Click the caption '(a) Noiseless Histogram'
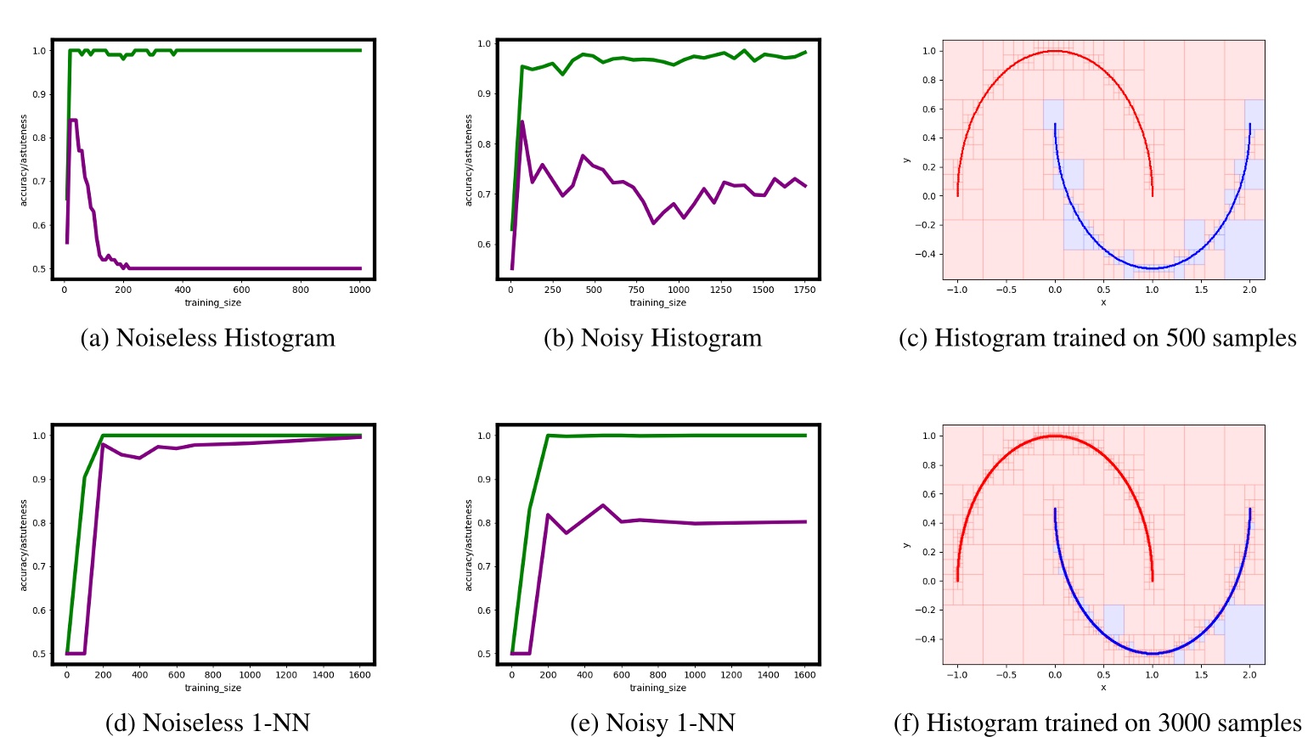pyautogui.click(x=207, y=338)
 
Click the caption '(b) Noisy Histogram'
pyautogui.click(x=652, y=338)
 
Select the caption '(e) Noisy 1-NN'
pyautogui.click(x=652, y=723)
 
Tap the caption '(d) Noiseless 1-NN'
pyautogui.click(x=207, y=723)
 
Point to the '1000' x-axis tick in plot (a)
pyautogui.click(x=360, y=290)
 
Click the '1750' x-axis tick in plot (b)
pyautogui.click(x=804, y=290)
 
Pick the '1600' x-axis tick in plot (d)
pyautogui.click(x=360, y=675)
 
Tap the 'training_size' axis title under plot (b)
pyautogui.click(x=657, y=302)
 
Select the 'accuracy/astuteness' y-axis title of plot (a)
pyautogui.click(x=25, y=160)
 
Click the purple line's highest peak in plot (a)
pyautogui.click(x=73, y=121)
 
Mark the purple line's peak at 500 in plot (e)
pyautogui.click(x=602, y=505)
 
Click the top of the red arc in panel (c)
pyautogui.click(x=1054, y=51)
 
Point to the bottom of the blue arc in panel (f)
pyautogui.click(x=1151, y=653)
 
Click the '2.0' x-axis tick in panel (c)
pyautogui.click(x=1249, y=290)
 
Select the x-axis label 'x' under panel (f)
pyautogui.click(x=1103, y=687)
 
